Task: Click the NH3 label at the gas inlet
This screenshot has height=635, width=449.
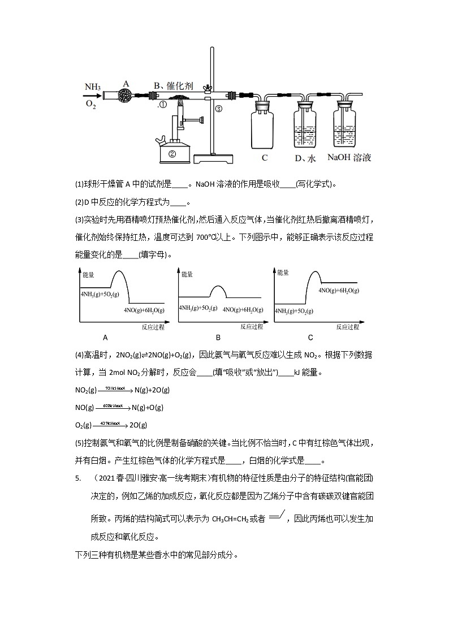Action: tap(93, 87)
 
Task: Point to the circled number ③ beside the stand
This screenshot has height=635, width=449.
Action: tap(219, 109)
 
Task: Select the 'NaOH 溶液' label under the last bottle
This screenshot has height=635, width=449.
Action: tap(349, 158)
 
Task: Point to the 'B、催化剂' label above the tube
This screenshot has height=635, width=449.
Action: tap(174, 86)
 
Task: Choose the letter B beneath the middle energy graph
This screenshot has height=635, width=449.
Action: tap(218, 338)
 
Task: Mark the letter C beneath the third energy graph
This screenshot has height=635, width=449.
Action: tap(310, 338)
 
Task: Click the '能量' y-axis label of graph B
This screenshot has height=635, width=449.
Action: tap(187, 275)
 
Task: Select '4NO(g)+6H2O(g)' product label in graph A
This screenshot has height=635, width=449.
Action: tap(144, 310)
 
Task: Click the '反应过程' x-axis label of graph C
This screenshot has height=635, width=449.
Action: tap(347, 327)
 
